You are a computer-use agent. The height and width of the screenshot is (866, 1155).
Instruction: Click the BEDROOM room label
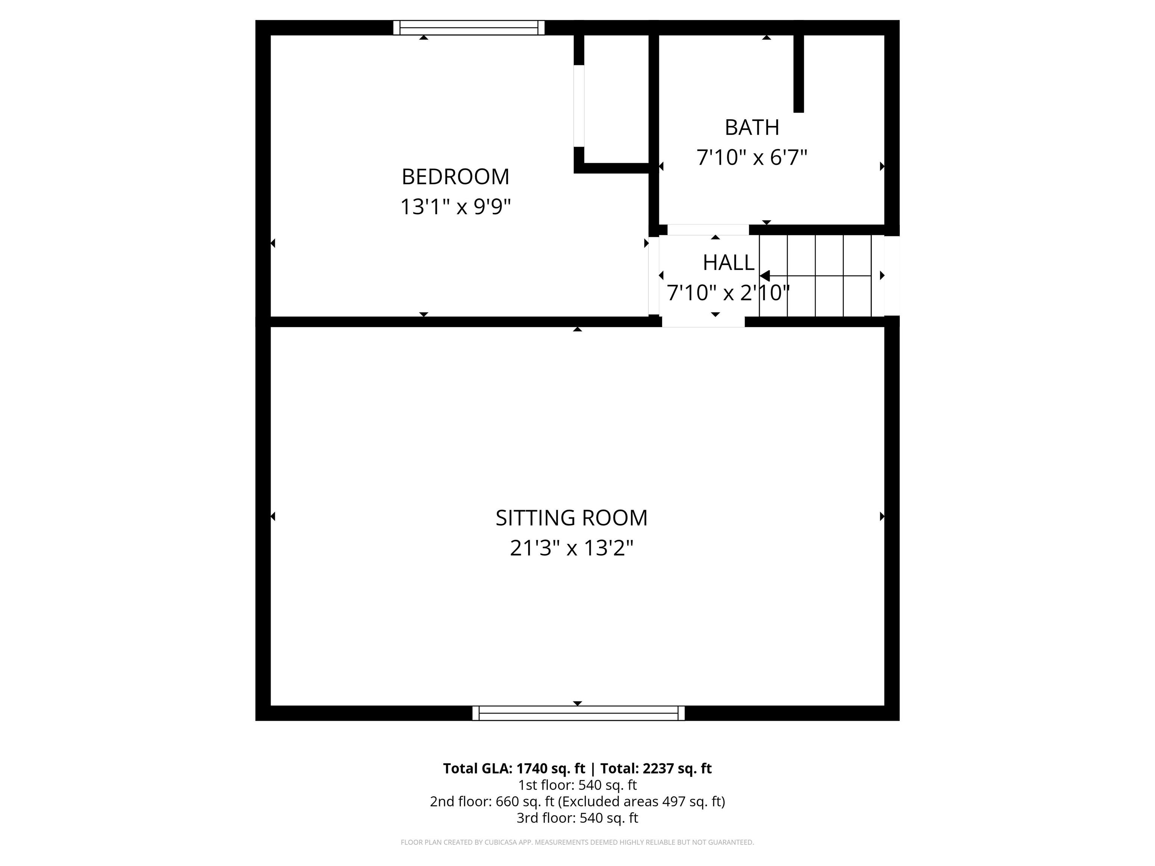coord(455,177)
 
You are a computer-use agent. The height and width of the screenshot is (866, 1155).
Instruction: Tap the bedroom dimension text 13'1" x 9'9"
coord(455,207)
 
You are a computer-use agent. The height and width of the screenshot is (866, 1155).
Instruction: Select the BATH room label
coord(752,127)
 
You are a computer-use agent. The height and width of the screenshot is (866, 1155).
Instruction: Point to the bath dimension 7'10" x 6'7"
coord(752,157)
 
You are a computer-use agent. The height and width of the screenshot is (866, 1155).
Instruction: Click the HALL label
coord(728,263)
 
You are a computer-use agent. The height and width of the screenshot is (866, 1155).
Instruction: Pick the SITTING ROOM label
coord(571,518)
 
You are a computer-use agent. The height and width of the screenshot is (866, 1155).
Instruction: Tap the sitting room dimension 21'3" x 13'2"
coord(571,548)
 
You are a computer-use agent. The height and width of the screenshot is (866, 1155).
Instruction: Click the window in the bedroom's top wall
coord(469,28)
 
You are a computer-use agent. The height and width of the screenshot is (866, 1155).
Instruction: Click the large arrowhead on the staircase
coord(764,276)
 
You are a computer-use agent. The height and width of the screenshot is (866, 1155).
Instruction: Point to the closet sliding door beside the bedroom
coord(579,106)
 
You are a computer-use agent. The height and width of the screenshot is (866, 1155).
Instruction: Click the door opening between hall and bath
coord(708,230)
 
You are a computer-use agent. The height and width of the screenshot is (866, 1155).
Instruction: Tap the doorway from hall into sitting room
coord(703,321)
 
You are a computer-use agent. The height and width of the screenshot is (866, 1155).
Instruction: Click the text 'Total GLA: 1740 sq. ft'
coord(514,768)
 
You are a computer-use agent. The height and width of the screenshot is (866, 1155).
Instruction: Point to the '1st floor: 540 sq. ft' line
coord(577,785)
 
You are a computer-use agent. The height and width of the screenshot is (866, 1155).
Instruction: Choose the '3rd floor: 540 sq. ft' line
coord(577,818)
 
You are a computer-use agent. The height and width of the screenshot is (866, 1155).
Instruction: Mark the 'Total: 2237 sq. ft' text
coord(656,768)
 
